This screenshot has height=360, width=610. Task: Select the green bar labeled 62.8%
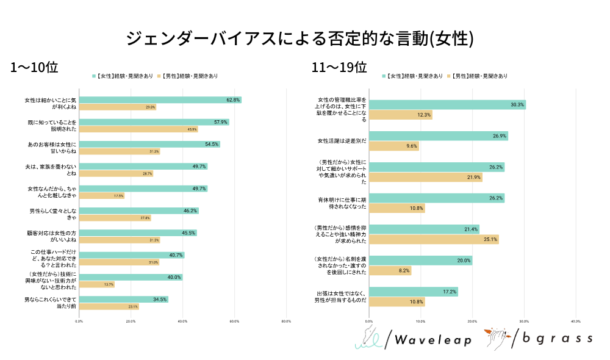[x=160, y=99]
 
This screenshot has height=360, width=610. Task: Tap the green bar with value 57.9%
[x=154, y=122]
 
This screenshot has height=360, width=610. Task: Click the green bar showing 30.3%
[x=447, y=105]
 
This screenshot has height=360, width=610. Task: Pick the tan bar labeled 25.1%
[x=434, y=239]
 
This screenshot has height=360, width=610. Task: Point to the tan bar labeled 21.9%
[x=426, y=177]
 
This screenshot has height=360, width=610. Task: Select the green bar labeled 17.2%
[x=414, y=292]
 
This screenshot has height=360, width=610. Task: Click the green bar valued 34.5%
[x=124, y=299]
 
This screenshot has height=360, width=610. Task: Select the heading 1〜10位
[x=34, y=67]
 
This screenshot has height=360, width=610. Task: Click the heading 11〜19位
[x=339, y=67]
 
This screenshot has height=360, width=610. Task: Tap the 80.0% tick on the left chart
[x=285, y=321]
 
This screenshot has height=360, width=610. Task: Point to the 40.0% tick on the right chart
[x=575, y=321]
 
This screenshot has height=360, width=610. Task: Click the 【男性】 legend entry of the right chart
[x=478, y=76]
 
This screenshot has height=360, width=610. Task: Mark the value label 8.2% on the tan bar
[x=404, y=270]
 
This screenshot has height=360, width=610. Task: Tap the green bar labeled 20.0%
[x=421, y=261]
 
